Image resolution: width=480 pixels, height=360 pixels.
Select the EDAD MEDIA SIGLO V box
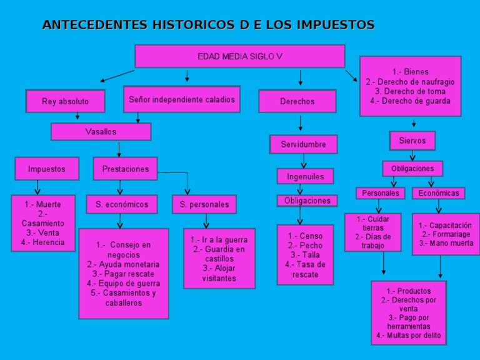tap(239, 56)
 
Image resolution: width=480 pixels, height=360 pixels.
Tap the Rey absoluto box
tap(65, 101)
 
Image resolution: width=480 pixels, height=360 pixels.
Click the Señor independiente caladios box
tap(182, 99)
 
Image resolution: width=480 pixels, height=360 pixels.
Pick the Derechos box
tap(297, 101)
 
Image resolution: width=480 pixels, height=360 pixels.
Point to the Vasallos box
tap(101, 132)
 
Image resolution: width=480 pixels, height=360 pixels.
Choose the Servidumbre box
tap(303, 144)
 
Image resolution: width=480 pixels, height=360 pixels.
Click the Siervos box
tap(412, 141)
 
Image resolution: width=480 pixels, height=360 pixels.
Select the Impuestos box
tap(46, 169)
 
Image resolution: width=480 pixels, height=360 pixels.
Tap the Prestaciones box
tap(126, 169)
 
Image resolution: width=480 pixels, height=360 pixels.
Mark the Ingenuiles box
tap(306, 176)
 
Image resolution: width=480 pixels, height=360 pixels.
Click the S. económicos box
tap(122, 204)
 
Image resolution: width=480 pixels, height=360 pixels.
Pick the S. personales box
tap(204, 204)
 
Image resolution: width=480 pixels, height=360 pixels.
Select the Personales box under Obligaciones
tap(381, 193)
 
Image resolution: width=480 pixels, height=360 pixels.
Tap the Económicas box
tap(439, 193)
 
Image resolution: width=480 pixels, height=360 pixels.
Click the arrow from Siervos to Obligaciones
tap(412, 155)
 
